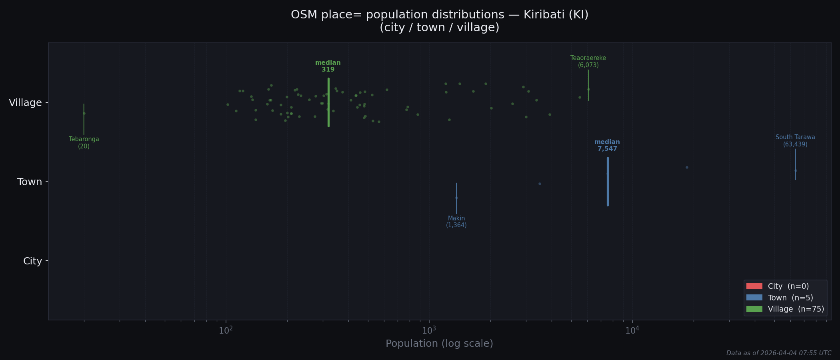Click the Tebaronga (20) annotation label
[x=84, y=143]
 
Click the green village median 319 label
[x=328, y=66]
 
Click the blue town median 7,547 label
[x=607, y=146]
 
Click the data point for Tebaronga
[x=84, y=113]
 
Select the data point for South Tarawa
[x=796, y=170]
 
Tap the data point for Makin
[x=456, y=198]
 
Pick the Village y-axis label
[x=25, y=103]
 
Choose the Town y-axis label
[x=29, y=182]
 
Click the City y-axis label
[x=32, y=261]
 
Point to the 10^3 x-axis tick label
[x=429, y=330]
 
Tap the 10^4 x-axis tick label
[x=632, y=330]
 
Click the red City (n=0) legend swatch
[x=754, y=286]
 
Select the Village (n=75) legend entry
[x=784, y=309]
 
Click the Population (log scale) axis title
[x=439, y=344]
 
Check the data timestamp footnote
[x=778, y=353]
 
